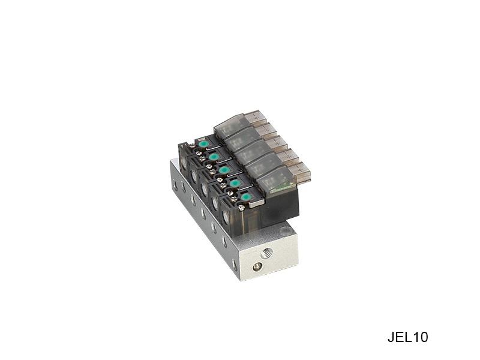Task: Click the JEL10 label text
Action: click(407, 337)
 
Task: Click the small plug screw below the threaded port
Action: click(257, 268)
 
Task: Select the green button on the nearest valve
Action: click(245, 197)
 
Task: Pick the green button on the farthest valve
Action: click(202, 144)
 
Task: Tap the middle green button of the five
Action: click(224, 170)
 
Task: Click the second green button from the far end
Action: click(214, 157)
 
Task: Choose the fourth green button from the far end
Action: click(235, 183)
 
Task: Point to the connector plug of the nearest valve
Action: click(298, 170)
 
